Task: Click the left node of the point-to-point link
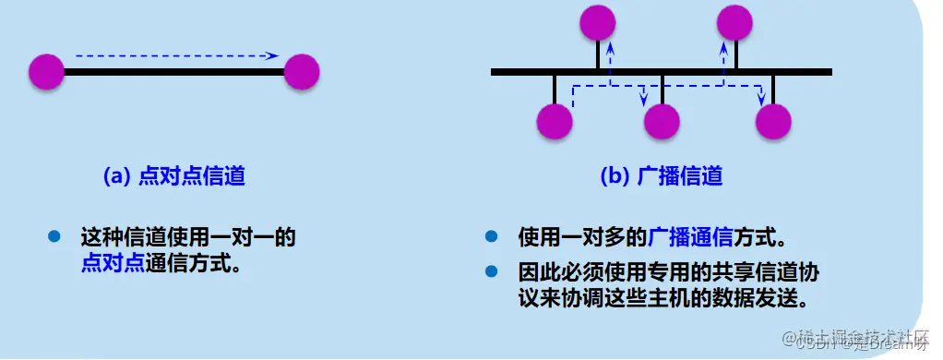point(46,71)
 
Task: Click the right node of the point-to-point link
point(302,71)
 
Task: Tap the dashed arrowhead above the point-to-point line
point(272,56)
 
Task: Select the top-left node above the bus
point(596,22)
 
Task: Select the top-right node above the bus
point(735,22)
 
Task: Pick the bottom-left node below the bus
point(555,122)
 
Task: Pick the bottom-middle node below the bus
point(662,122)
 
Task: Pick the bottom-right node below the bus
point(773,122)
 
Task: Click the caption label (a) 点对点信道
point(173,177)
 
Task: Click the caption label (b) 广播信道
point(662,177)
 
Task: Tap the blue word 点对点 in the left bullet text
point(112,263)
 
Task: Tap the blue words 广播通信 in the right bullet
point(691,237)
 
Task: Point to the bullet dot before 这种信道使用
point(54,236)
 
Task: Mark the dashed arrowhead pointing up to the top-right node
point(724,46)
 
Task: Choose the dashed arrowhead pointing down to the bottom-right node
point(760,101)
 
